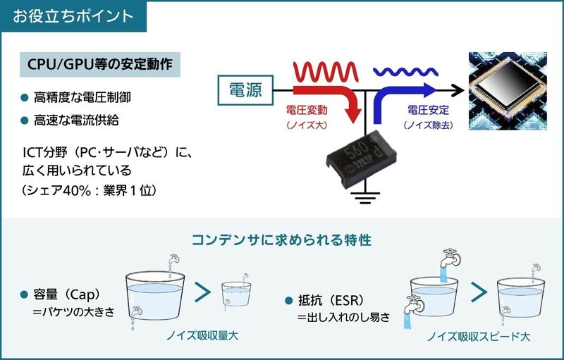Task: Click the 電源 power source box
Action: [x=245, y=89]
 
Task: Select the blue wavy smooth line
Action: [x=405, y=72]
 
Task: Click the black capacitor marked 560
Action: [x=361, y=158]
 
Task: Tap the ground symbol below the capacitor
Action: [x=365, y=198]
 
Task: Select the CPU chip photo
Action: [x=508, y=91]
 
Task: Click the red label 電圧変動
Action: [x=307, y=110]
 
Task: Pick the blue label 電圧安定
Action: [x=428, y=110]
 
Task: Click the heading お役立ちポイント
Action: [x=73, y=16]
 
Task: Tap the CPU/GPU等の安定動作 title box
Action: [x=100, y=64]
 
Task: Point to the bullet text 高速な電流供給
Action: [x=76, y=120]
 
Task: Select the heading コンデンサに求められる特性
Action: [x=281, y=240]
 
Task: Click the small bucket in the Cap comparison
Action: [x=236, y=294]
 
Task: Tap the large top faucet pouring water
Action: [x=450, y=258]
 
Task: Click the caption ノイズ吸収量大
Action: [x=202, y=336]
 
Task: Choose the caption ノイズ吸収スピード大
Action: [x=479, y=337]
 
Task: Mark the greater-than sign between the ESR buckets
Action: [x=479, y=292]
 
